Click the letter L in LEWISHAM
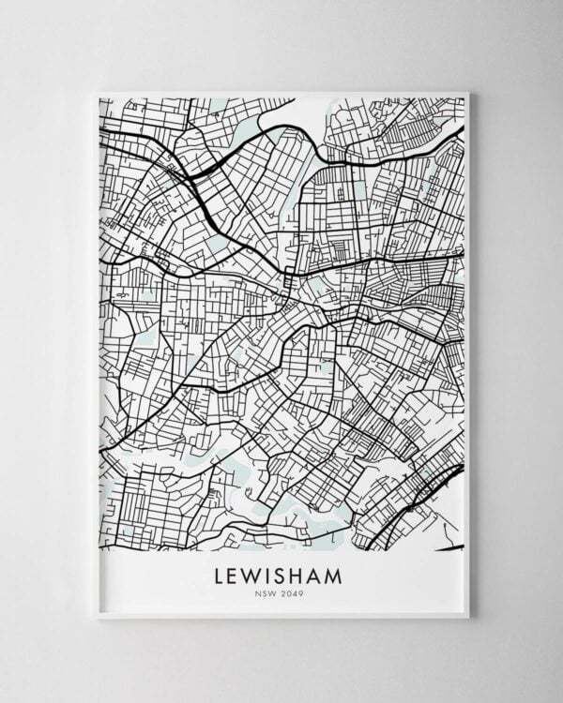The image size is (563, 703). [x=222, y=574]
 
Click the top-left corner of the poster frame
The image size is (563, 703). [x=97, y=92]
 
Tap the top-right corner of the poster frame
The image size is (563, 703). [x=468, y=92]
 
